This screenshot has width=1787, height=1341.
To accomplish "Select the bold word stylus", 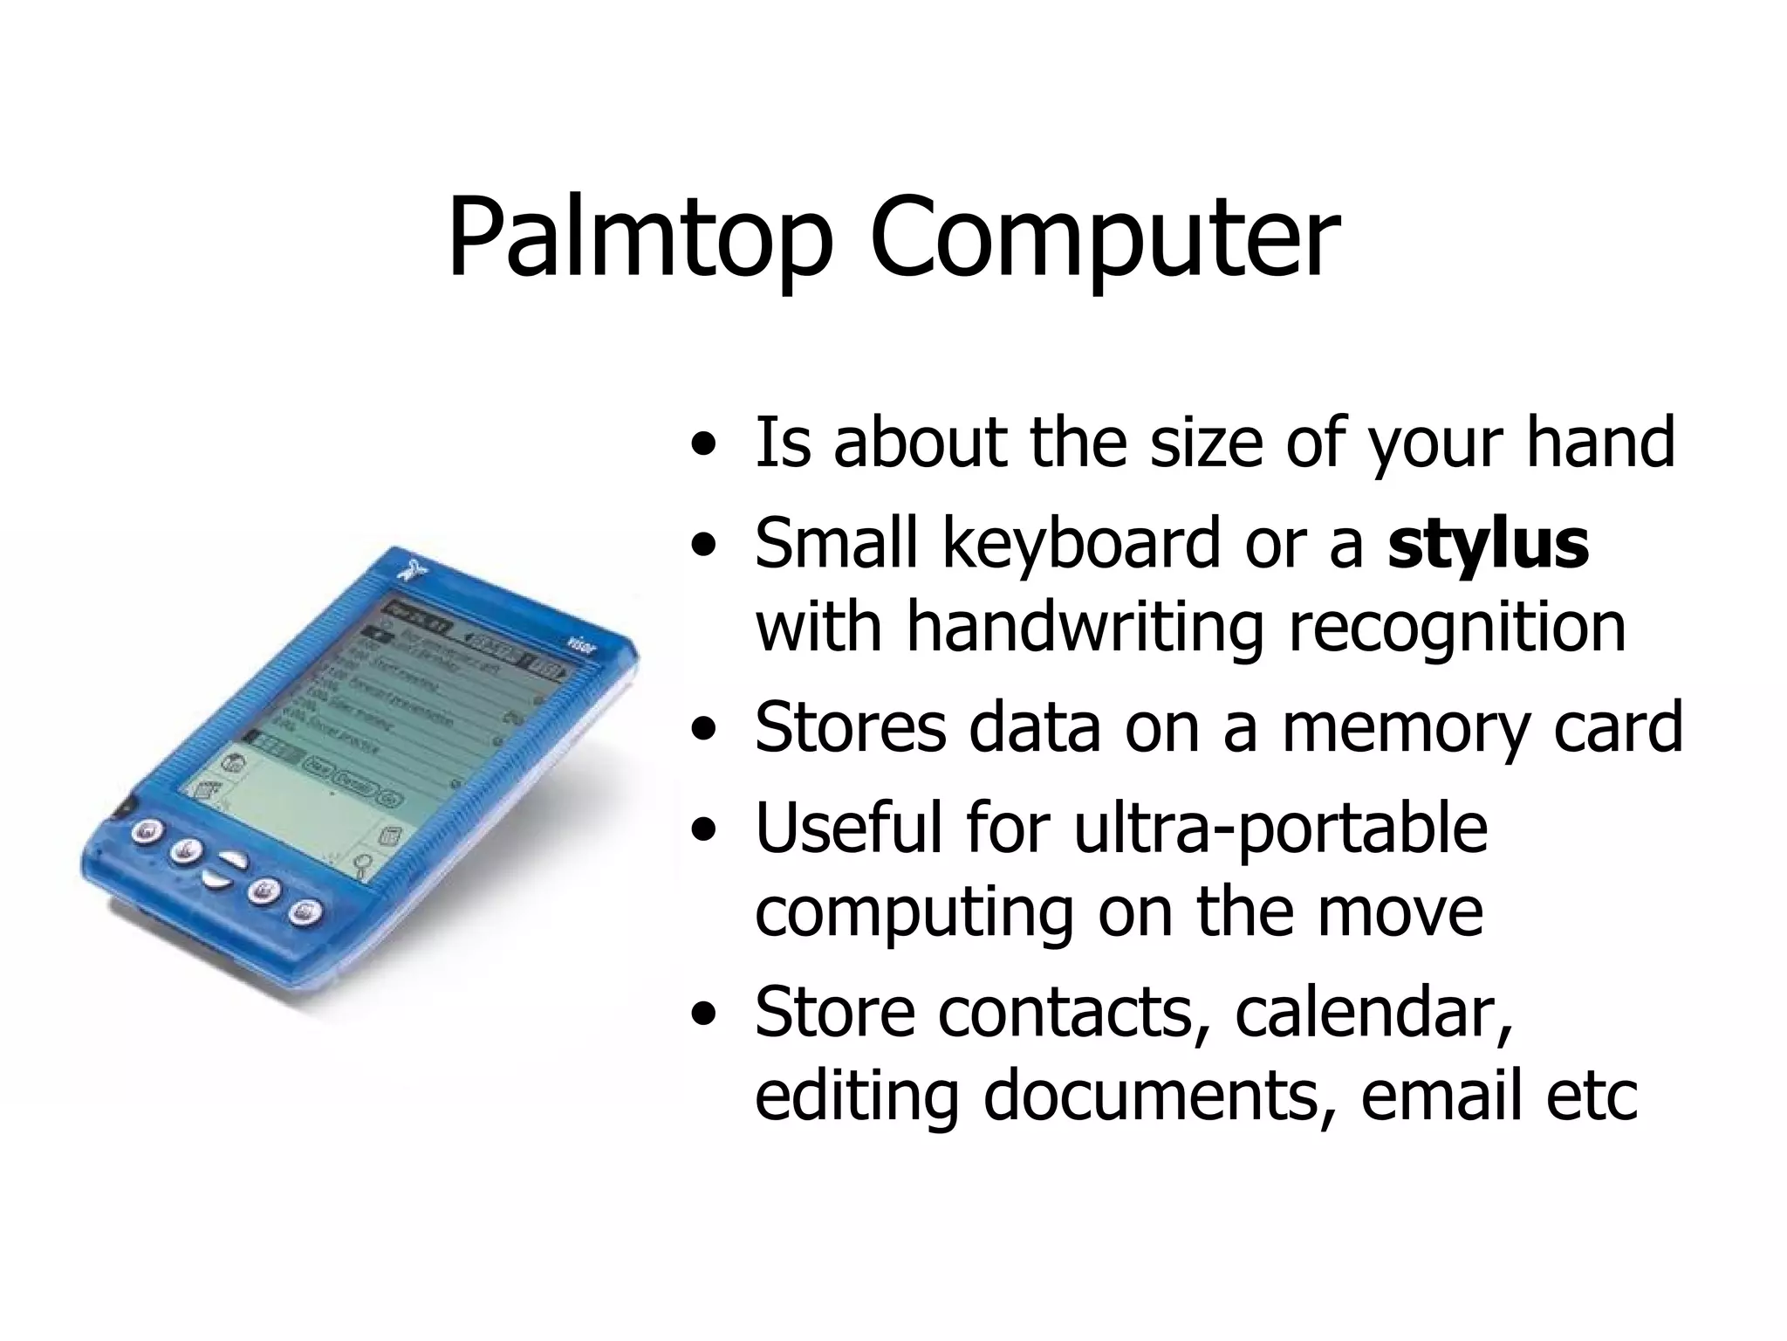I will [1489, 544].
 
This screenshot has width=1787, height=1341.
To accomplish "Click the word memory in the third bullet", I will [1405, 726].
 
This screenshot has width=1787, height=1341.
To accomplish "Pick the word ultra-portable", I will [1280, 827].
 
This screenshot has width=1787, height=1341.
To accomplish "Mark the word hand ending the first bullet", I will [1600, 443].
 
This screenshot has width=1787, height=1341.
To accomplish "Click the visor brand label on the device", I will [581, 644].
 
